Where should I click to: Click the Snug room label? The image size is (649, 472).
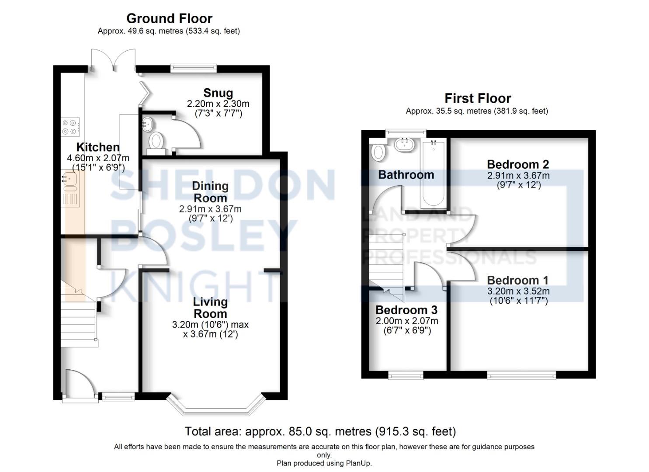[218, 93]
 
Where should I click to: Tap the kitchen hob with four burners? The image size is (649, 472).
[70, 127]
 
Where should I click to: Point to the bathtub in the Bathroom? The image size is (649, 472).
[433, 173]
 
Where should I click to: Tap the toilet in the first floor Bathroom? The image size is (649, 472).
[378, 152]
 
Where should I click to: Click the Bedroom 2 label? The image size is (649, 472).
[517, 164]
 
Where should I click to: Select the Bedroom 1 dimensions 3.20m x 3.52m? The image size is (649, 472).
[518, 291]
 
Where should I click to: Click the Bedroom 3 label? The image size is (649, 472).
[406, 310]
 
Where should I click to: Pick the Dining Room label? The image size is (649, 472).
[210, 192]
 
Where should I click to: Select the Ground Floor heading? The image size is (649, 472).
[169, 18]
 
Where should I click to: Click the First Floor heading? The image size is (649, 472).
[478, 98]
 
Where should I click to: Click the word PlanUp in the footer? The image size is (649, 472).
[357, 463]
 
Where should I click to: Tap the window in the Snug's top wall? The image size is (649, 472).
[193, 68]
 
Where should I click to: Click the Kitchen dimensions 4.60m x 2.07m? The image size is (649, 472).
[98, 158]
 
